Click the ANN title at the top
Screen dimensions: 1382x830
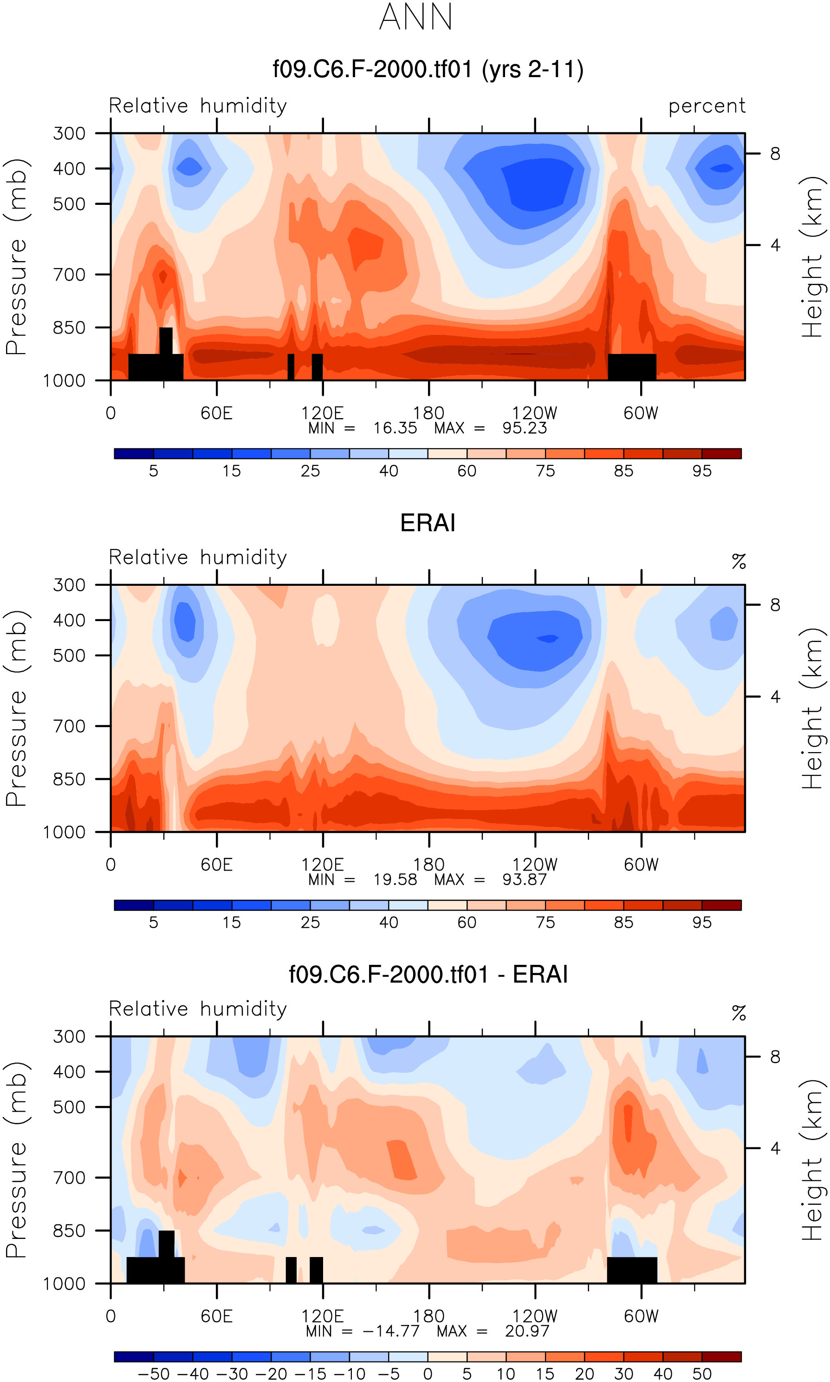(415, 17)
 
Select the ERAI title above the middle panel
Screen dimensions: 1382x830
(428, 523)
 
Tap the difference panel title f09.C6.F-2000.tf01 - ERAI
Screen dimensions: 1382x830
(428, 974)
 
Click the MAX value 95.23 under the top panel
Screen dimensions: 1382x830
(524, 428)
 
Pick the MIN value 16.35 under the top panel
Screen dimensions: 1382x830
(395, 428)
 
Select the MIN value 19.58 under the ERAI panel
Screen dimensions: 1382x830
(395, 879)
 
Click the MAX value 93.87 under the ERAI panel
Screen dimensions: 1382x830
(524, 879)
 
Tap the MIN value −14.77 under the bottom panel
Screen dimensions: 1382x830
(391, 1331)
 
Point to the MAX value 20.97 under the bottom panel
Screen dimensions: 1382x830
(527, 1331)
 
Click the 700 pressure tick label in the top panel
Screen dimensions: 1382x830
(69, 275)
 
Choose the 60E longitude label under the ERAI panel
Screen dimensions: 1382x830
(216, 865)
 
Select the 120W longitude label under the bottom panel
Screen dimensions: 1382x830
(535, 1317)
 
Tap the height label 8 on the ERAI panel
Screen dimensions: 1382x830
(775, 605)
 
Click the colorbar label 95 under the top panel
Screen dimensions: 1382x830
(702, 471)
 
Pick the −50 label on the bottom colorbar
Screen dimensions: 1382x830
(153, 1374)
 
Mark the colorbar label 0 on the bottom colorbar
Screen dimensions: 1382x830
(428, 1374)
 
